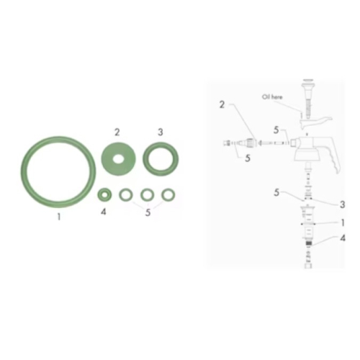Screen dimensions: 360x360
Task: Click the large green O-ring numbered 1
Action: [x=24, y=172]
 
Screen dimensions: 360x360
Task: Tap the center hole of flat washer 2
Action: [x=118, y=159]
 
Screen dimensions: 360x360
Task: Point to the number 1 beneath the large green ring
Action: [x=58, y=217]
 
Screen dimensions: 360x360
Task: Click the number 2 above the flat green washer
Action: [x=117, y=132]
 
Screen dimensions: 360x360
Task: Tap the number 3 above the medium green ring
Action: [x=161, y=132]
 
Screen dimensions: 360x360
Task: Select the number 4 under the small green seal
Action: [x=104, y=212]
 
